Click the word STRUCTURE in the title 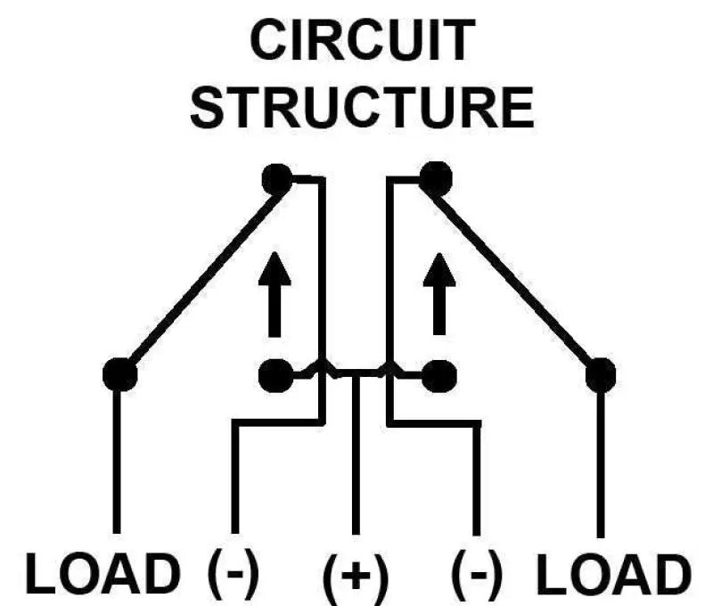point(361,106)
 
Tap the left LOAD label point(102,575)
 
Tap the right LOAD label point(615,575)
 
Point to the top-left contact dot point(277,180)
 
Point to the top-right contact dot point(434,180)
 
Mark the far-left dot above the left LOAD point(119,374)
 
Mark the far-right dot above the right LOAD point(601,374)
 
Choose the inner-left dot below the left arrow point(275,375)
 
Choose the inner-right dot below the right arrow point(438,375)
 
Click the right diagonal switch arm point(517,277)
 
